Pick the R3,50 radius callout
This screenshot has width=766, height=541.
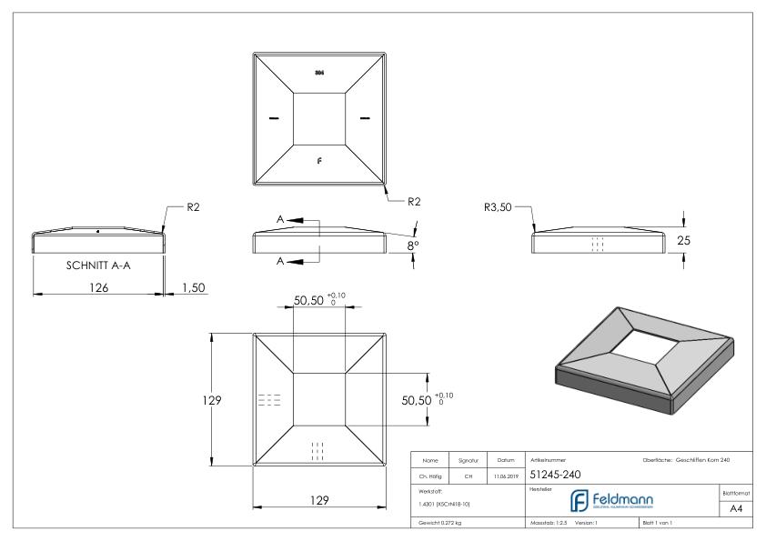coord(499,206)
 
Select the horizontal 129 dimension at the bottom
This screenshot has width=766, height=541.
coord(317,500)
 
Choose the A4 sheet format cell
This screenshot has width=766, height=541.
coord(734,509)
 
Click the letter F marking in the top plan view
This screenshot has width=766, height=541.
coord(318,160)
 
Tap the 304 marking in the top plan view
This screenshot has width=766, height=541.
coord(318,72)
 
